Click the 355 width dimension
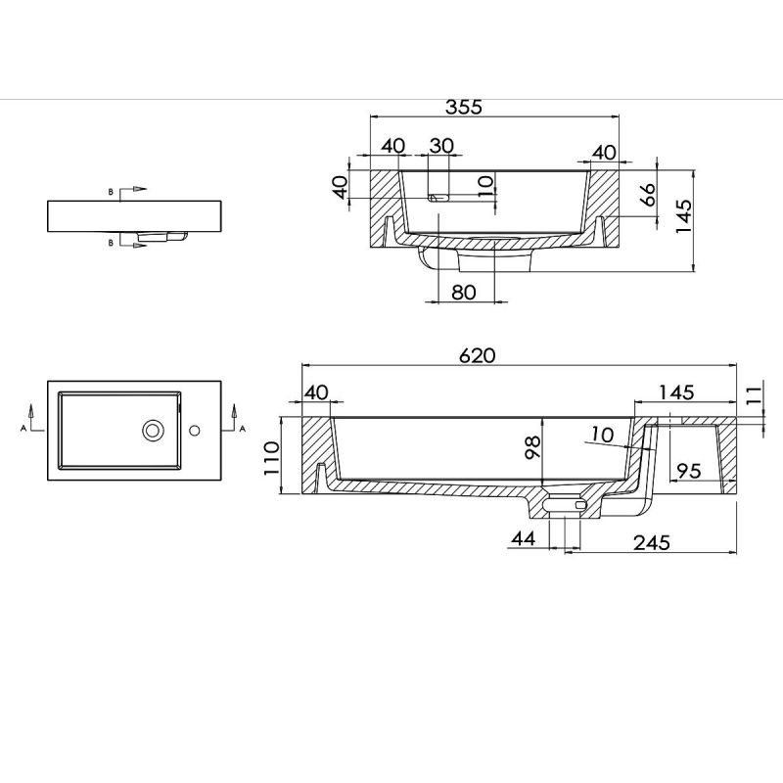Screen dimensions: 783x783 click(x=464, y=107)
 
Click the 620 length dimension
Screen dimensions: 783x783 click(x=478, y=355)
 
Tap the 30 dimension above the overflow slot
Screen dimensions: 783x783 click(x=441, y=146)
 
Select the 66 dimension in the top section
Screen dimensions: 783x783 click(x=648, y=194)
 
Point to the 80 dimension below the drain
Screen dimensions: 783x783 click(x=464, y=292)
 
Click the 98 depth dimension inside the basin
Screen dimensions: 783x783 click(x=533, y=447)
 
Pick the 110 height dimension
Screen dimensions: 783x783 click(x=271, y=458)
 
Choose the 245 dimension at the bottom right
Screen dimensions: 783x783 click(x=652, y=542)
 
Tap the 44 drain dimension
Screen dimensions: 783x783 click(x=524, y=538)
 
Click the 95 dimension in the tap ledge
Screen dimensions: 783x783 click(x=689, y=471)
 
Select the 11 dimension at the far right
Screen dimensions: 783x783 click(x=756, y=394)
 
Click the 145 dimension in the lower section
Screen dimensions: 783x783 click(x=676, y=392)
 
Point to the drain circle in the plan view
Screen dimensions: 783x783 click(x=154, y=430)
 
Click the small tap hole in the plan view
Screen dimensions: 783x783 click(x=195, y=430)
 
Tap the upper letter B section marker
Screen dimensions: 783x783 click(x=111, y=192)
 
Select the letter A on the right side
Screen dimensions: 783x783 click(x=243, y=429)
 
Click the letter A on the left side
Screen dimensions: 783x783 click(x=23, y=428)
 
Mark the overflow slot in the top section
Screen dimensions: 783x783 click(x=438, y=198)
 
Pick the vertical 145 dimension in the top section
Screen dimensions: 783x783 click(x=684, y=215)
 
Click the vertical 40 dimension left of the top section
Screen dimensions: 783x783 click(x=340, y=187)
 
